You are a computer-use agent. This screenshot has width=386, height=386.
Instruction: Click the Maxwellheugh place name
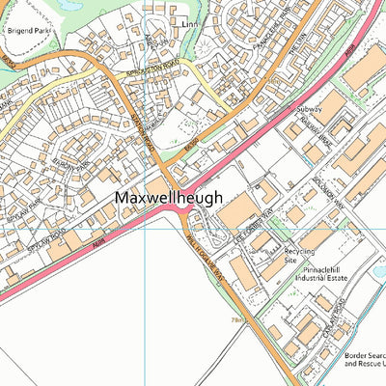click(169, 198)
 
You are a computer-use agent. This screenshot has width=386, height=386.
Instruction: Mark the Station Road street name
click(142, 132)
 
